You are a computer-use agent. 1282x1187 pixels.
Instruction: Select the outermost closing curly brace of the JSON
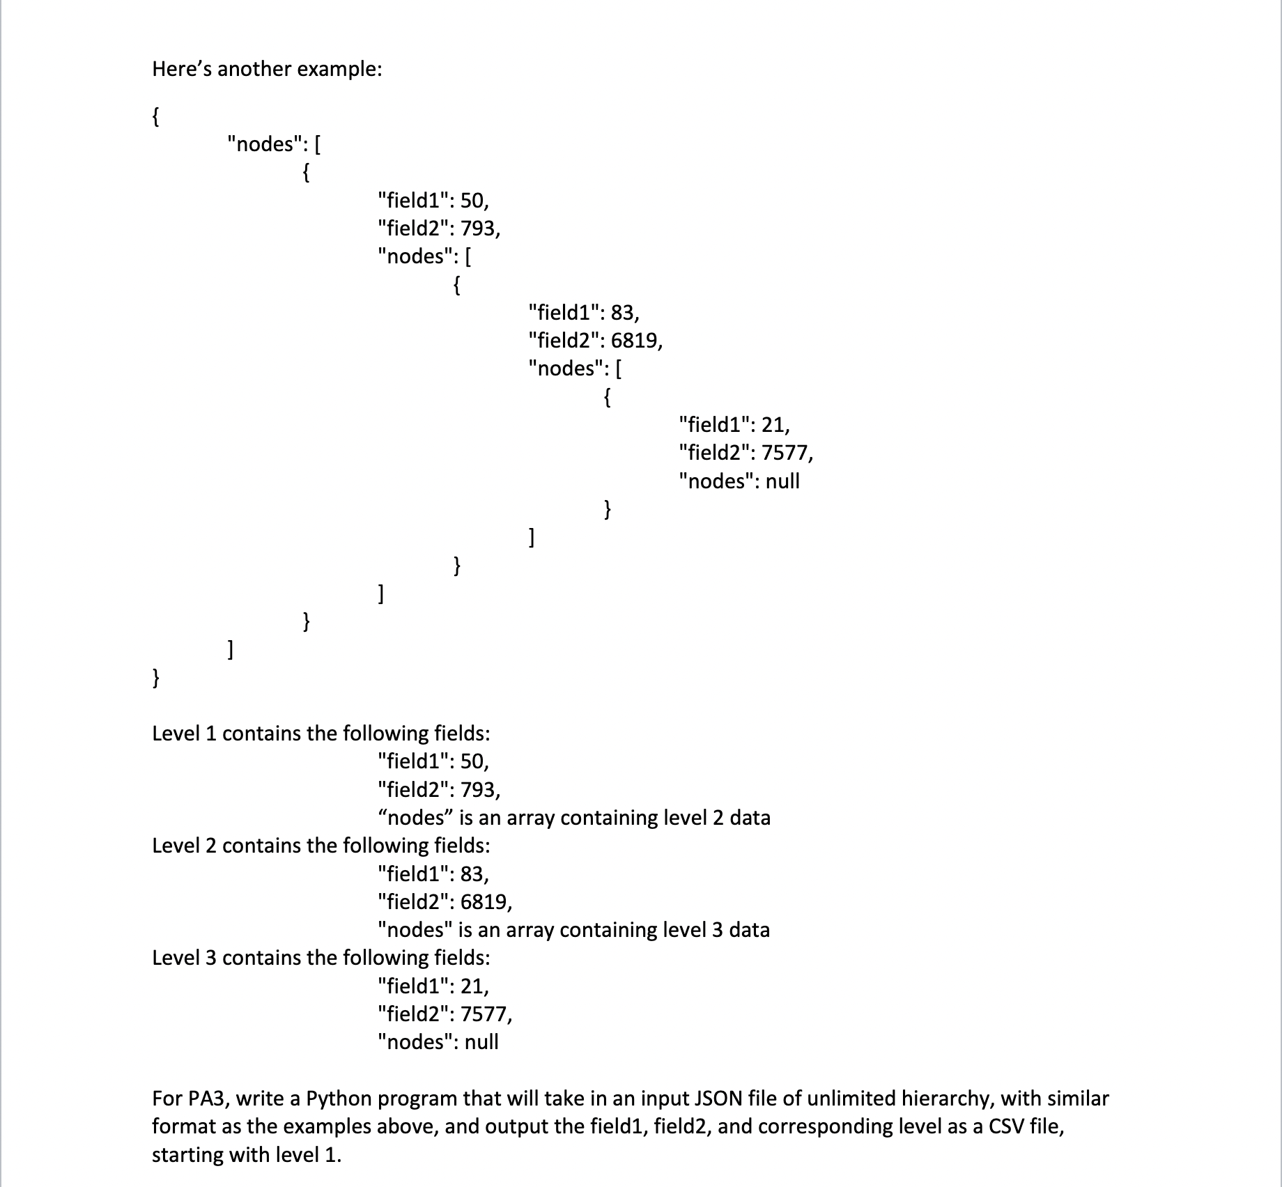tap(156, 677)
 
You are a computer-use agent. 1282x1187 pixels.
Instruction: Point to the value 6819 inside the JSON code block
tap(635, 341)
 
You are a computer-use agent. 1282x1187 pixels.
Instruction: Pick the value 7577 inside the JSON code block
tap(786, 453)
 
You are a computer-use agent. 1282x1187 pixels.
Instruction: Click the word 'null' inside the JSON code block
tap(782, 481)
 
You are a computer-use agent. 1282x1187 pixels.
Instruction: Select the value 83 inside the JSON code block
tap(623, 312)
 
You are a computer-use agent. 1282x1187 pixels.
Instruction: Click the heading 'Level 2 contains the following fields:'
tap(321, 846)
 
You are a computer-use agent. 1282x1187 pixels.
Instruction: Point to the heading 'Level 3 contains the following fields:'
tap(321, 958)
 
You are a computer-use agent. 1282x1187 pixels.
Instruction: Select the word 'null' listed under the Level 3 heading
tap(481, 1042)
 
